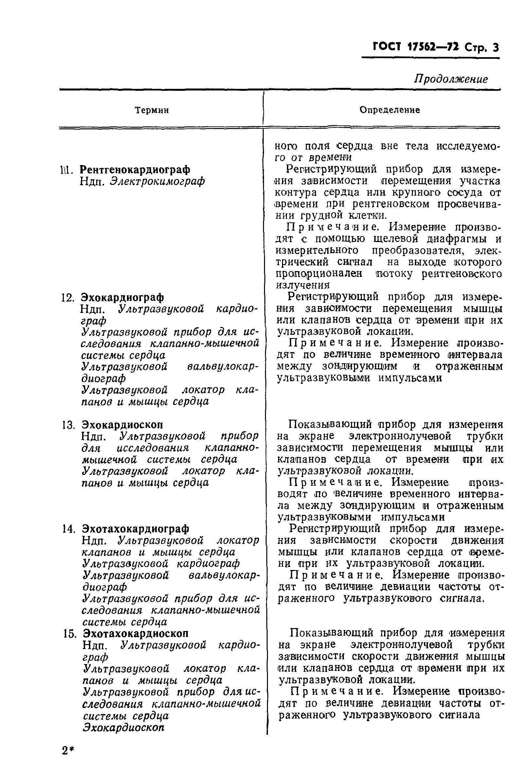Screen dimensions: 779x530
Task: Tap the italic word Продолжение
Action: (x=451, y=79)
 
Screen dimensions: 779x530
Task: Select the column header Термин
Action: (x=152, y=110)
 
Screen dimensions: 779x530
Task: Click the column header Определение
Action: (x=390, y=110)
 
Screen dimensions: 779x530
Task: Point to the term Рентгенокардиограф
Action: (x=135, y=170)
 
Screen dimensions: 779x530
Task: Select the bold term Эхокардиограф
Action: (x=122, y=297)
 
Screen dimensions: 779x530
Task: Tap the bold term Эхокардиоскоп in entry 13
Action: (x=122, y=425)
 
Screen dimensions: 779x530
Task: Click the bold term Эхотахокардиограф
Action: (x=135, y=528)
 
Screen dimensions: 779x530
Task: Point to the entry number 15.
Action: (x=70, y=634)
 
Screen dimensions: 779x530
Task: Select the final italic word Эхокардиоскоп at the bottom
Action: (x=124, y=727)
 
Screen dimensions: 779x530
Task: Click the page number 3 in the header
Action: (x=496, y=48)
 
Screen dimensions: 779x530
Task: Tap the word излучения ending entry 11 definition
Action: (x=303, y=285)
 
